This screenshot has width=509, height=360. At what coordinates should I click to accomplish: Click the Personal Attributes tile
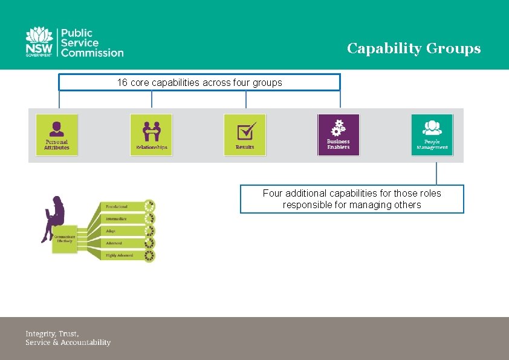pos(57,134)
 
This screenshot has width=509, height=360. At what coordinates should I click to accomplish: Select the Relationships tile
pos(151,134)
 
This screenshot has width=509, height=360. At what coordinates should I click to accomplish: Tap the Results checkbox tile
pos(245,134)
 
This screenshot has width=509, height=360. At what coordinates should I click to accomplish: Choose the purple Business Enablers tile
pos(339,134)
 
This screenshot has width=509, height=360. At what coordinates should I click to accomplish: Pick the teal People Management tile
pos(432,134)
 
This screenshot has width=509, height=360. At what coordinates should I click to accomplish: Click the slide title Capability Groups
pos(413,48)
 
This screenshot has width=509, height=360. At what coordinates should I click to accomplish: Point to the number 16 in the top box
pos(122,82)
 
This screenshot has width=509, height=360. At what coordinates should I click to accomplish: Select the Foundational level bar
pos(121,206)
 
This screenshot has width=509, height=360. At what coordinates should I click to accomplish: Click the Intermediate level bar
pos(121,218)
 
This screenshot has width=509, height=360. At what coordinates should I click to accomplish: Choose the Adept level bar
pos(121,231)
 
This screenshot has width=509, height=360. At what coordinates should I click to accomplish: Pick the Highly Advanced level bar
pos(121,255)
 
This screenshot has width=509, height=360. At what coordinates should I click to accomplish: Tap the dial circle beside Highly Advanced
pos(149,256)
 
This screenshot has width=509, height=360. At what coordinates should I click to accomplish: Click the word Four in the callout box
pos(273,194)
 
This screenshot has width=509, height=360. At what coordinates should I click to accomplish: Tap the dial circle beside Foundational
pos(149,206)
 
